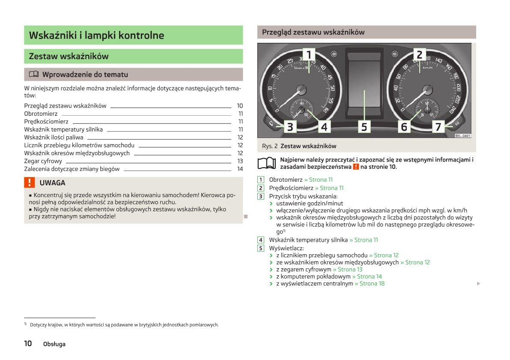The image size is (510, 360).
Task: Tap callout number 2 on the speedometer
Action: point(420,54)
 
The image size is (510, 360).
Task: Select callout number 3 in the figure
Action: point(290,127)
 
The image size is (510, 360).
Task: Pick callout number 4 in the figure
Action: point(324,127)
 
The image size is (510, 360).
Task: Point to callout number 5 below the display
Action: point(364,127)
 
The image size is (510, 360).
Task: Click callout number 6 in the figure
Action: point(404,127)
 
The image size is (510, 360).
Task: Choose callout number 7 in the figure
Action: point(438,127)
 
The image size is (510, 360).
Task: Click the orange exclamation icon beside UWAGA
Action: point(29,183)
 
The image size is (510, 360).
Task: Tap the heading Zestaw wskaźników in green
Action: point(69,56)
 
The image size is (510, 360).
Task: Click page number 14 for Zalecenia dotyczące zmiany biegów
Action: point(240,169)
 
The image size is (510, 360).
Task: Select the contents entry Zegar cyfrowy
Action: point(43,161)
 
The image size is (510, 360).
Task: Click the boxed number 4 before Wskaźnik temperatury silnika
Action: point(261,240)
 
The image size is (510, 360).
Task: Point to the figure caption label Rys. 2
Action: point(270,146)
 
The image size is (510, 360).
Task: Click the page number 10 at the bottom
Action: point(28,343)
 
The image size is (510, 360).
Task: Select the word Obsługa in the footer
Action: point(54,344)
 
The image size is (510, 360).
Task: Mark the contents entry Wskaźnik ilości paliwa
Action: point(54,137)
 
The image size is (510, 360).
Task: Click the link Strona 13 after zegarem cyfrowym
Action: point(348,270)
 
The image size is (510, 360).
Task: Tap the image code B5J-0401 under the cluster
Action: point(462,135)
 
